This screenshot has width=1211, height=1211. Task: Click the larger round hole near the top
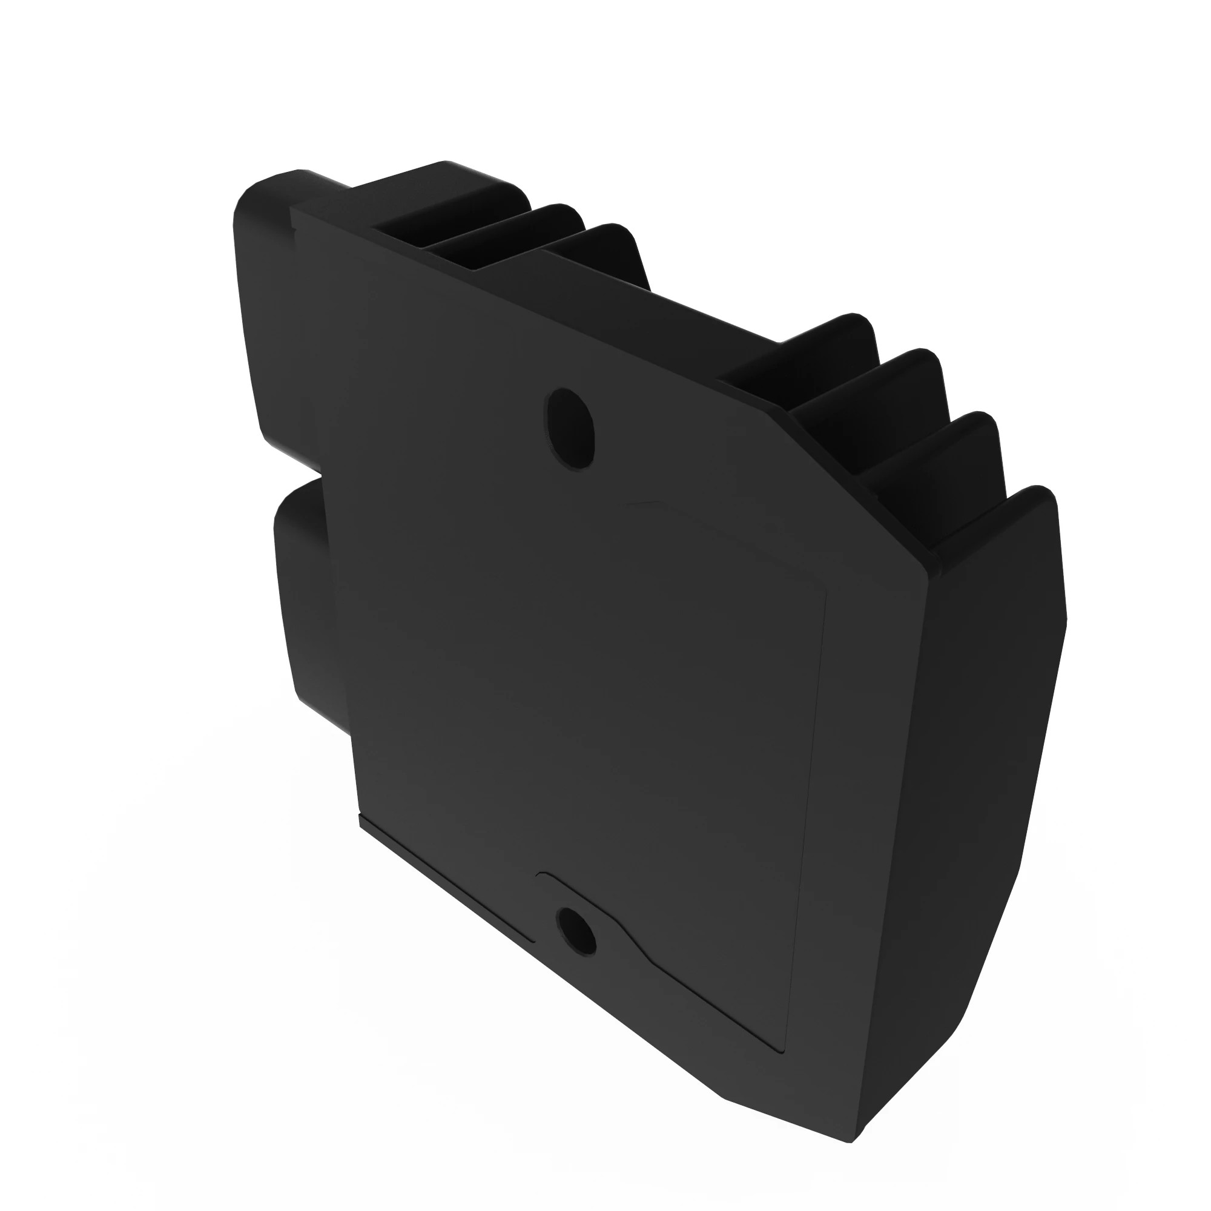(570, 427)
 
